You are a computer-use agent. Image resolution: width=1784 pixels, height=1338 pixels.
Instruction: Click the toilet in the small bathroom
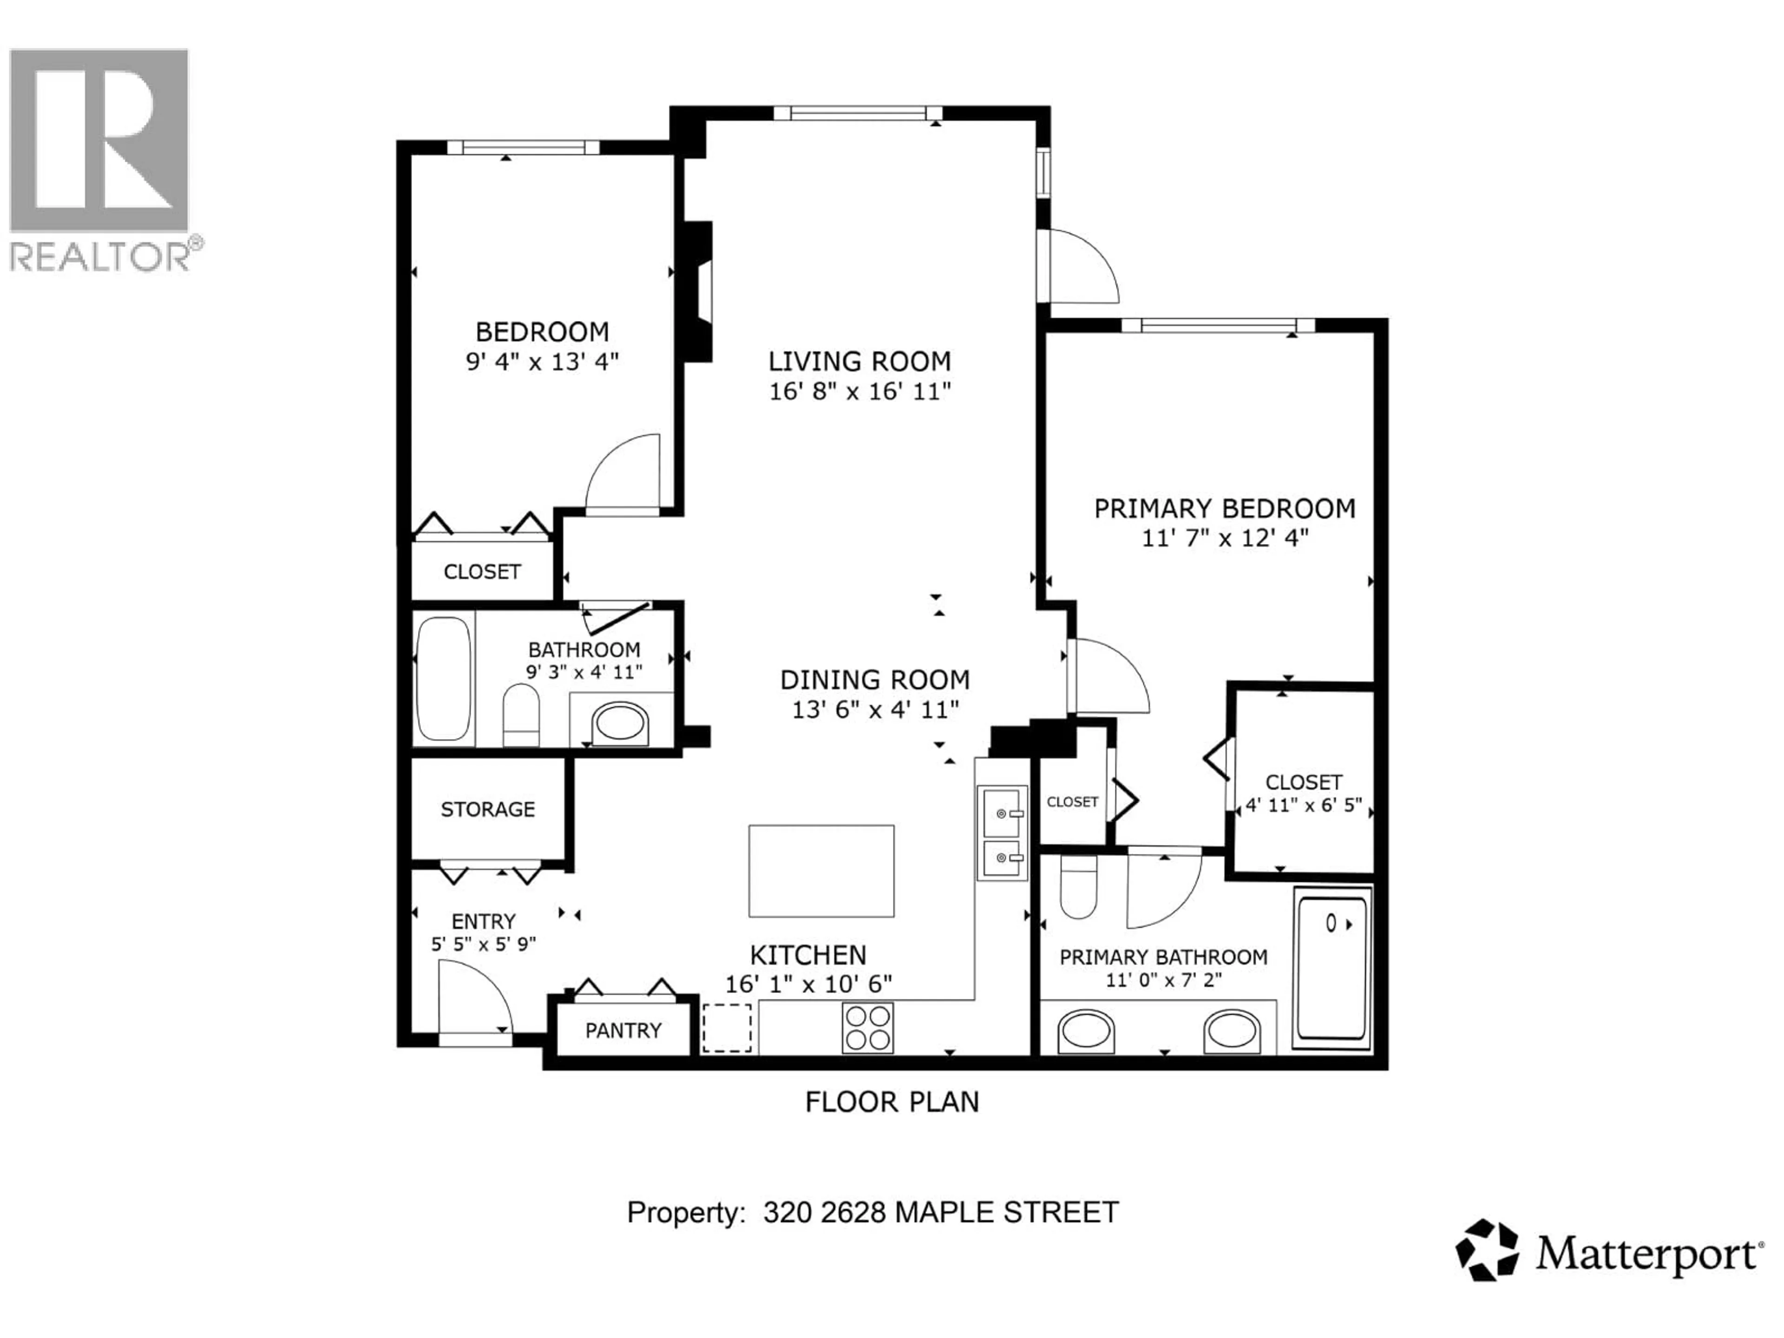point(520,715)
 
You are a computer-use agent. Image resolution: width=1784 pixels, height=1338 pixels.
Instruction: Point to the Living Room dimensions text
point(860,391)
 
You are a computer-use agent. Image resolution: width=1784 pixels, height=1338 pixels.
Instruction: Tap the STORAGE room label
point(487,809)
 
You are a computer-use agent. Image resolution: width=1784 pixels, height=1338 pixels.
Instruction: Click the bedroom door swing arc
point(623,474)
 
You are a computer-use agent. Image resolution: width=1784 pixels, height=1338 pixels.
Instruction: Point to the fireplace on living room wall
point(698,292)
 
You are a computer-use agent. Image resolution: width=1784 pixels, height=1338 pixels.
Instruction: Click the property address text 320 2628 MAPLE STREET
point(940,1212)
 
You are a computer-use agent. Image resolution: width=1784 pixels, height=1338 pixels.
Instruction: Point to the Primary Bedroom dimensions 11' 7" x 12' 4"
point(1224,538)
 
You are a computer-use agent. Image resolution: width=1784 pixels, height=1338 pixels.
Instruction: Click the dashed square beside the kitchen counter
point(727,1028)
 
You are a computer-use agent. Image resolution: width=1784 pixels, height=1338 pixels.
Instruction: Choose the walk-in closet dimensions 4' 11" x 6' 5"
point(1303,805)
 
